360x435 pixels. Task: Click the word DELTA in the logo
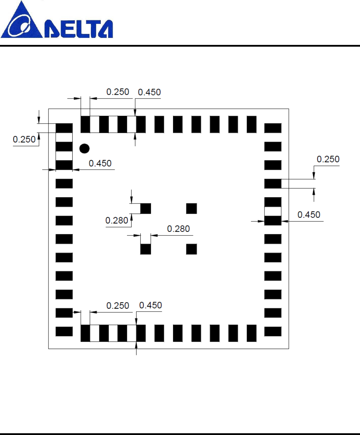pyautogui.click(x=79, y=29)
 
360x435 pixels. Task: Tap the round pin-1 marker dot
pyautogui.click(x=85, y=148)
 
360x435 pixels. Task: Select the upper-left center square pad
pyautogui.click(x=146, y=208)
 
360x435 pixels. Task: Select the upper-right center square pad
pyautogui.click(x=191, y=208)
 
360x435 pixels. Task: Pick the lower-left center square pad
pyautogui.click(x=146, y=249)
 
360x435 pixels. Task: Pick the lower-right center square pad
pyautogui.click(x=191, y=249)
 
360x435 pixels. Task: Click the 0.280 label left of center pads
pyautogui.click(x=116, y=221)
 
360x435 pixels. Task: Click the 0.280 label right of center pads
pyautogui.click(x=178, y=229)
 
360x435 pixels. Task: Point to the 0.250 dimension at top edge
pyautogui.click(x=118, y=92)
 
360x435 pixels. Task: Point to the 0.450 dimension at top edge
pyautogui.click(x=149, y=92)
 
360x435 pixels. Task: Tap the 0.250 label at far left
pyautogui.click(x=24, y=140)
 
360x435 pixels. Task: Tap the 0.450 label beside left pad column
pyautogui.click(x=100, y=163)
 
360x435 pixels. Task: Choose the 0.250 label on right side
pyautogui.click(x=328, y=159)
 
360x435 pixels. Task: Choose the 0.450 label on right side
pyautogui.click(x=309, y=215)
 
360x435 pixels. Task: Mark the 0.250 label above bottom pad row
pyautogui.click(x=118, y=306)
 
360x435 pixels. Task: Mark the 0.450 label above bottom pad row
pyautogui.click(x=151, y=306)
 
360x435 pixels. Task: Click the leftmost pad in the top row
pyautogui.click(x=85, y=124)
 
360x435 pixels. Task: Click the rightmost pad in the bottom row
pyautogui.click(x=252, y=333)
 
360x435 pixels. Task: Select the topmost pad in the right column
pyautogui.click(x=273, y=128)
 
